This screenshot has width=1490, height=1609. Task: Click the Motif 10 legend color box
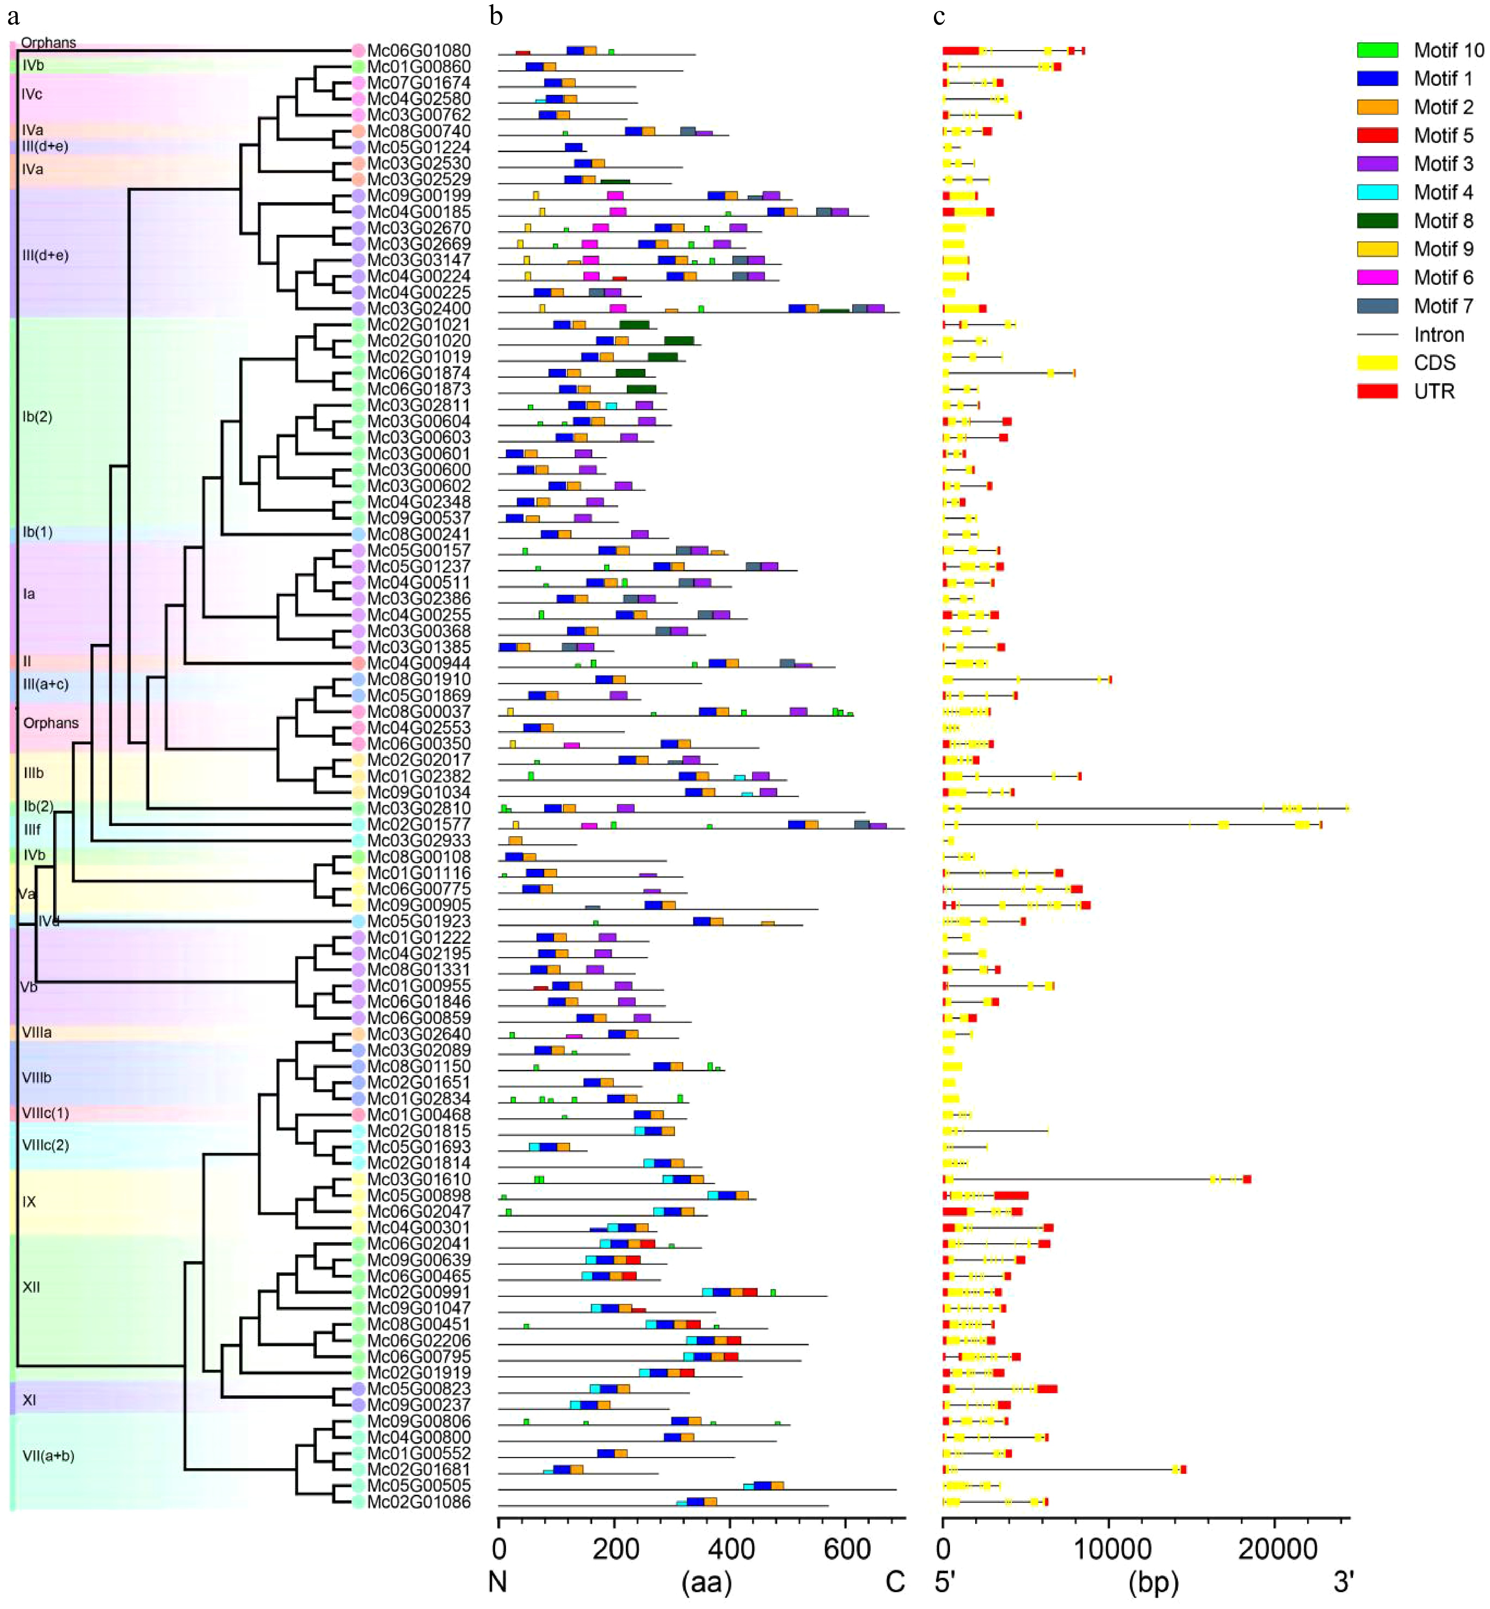1377,50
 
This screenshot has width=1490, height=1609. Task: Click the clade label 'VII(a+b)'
48,1456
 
